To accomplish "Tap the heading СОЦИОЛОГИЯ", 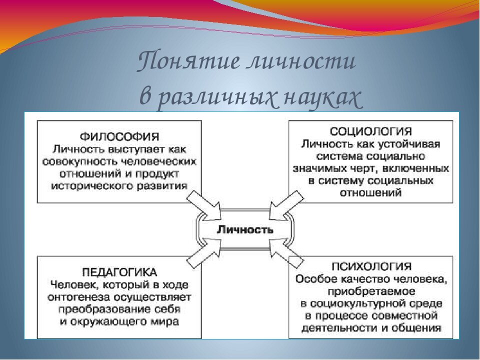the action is click(x=370, y=132).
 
